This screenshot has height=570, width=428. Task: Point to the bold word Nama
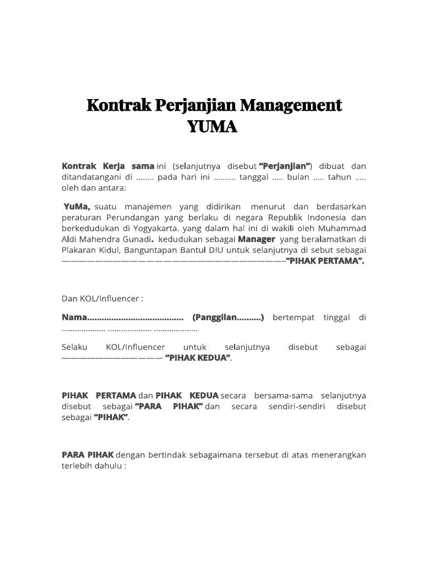[x=74, y=317]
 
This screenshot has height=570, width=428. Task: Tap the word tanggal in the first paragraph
[x=254, y=176]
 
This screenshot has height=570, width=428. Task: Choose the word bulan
[x=299, y=176]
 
